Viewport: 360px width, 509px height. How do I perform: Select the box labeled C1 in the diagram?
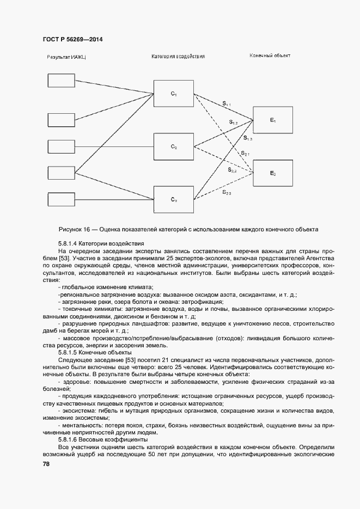pos(173,94)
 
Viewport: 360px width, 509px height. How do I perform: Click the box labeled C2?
pos(173,146)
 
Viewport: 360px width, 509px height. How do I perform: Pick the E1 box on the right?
pos(273,120)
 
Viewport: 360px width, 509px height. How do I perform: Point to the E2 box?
pos(273,173)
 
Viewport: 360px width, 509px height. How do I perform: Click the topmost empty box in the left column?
pos(62,81)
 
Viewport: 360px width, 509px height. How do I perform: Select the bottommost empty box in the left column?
pos(62,199)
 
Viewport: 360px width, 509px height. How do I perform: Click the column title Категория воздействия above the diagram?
pos(178,57)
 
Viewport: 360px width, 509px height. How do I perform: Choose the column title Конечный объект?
pos(270,56)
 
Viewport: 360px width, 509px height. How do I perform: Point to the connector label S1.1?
pos(226,103)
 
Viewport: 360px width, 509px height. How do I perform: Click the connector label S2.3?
pos(227,193)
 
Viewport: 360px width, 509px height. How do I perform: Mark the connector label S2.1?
pos(245,154)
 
